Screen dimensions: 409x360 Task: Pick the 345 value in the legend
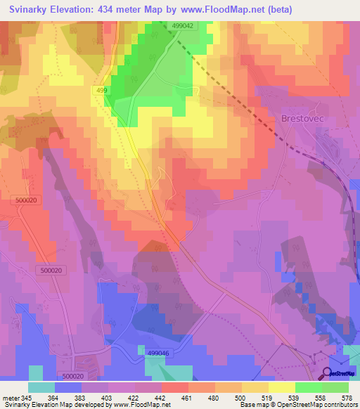coord(30,398)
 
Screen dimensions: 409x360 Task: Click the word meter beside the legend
coord(11,398)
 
